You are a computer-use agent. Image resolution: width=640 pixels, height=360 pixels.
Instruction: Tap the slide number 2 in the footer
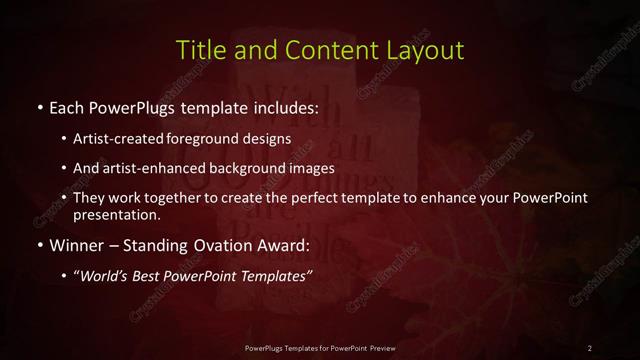(x=590, y=347)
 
